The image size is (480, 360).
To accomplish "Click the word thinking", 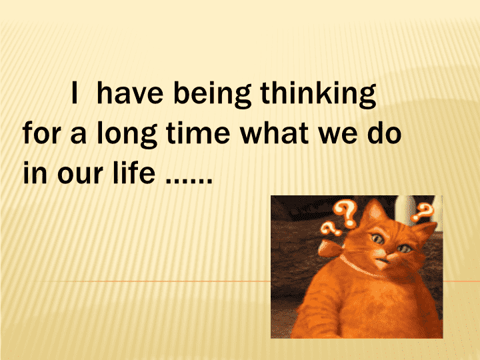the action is [318, 95].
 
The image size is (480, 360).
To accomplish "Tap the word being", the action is [213, 95].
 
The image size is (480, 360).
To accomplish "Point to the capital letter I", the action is [74, 93].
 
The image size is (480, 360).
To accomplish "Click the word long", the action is [127, 135].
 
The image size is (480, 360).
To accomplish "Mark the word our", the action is [80, 175].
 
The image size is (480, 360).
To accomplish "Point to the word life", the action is [133, 173].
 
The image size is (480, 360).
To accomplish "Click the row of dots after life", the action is [189, 181].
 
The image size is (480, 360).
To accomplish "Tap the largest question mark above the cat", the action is [346, 214].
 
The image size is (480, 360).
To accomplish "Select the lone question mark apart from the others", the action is [423, 212].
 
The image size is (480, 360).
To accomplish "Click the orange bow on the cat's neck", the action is [331, 248].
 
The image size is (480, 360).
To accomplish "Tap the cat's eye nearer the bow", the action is [378, 239].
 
